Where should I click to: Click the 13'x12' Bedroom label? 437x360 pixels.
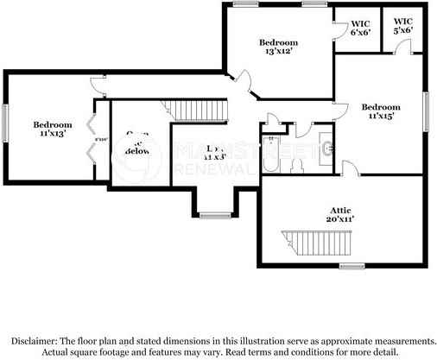(278, 47)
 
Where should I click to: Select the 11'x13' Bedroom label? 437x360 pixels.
(53, 129)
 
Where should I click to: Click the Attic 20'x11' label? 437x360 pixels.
(341, 214)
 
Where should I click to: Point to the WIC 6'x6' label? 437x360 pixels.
(360, 28)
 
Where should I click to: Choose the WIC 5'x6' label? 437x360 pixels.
(402, 26)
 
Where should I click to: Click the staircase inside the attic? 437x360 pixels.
(316, 243)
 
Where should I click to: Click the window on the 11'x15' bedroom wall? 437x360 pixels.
(426, 109)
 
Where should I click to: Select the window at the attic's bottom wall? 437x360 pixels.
(350, 266)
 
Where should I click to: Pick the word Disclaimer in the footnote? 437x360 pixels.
(40, 341)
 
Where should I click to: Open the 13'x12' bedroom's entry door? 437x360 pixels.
(244, 85)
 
